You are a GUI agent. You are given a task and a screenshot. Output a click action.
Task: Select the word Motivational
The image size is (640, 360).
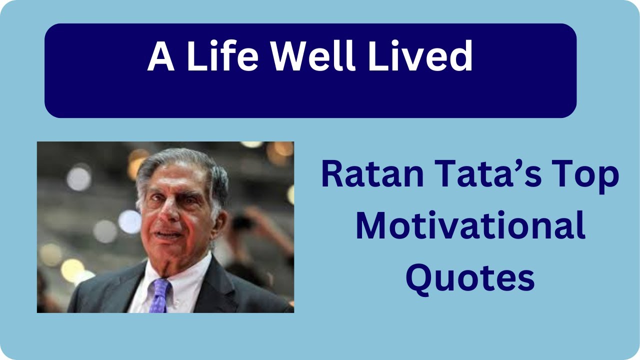(x=470, y=227)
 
